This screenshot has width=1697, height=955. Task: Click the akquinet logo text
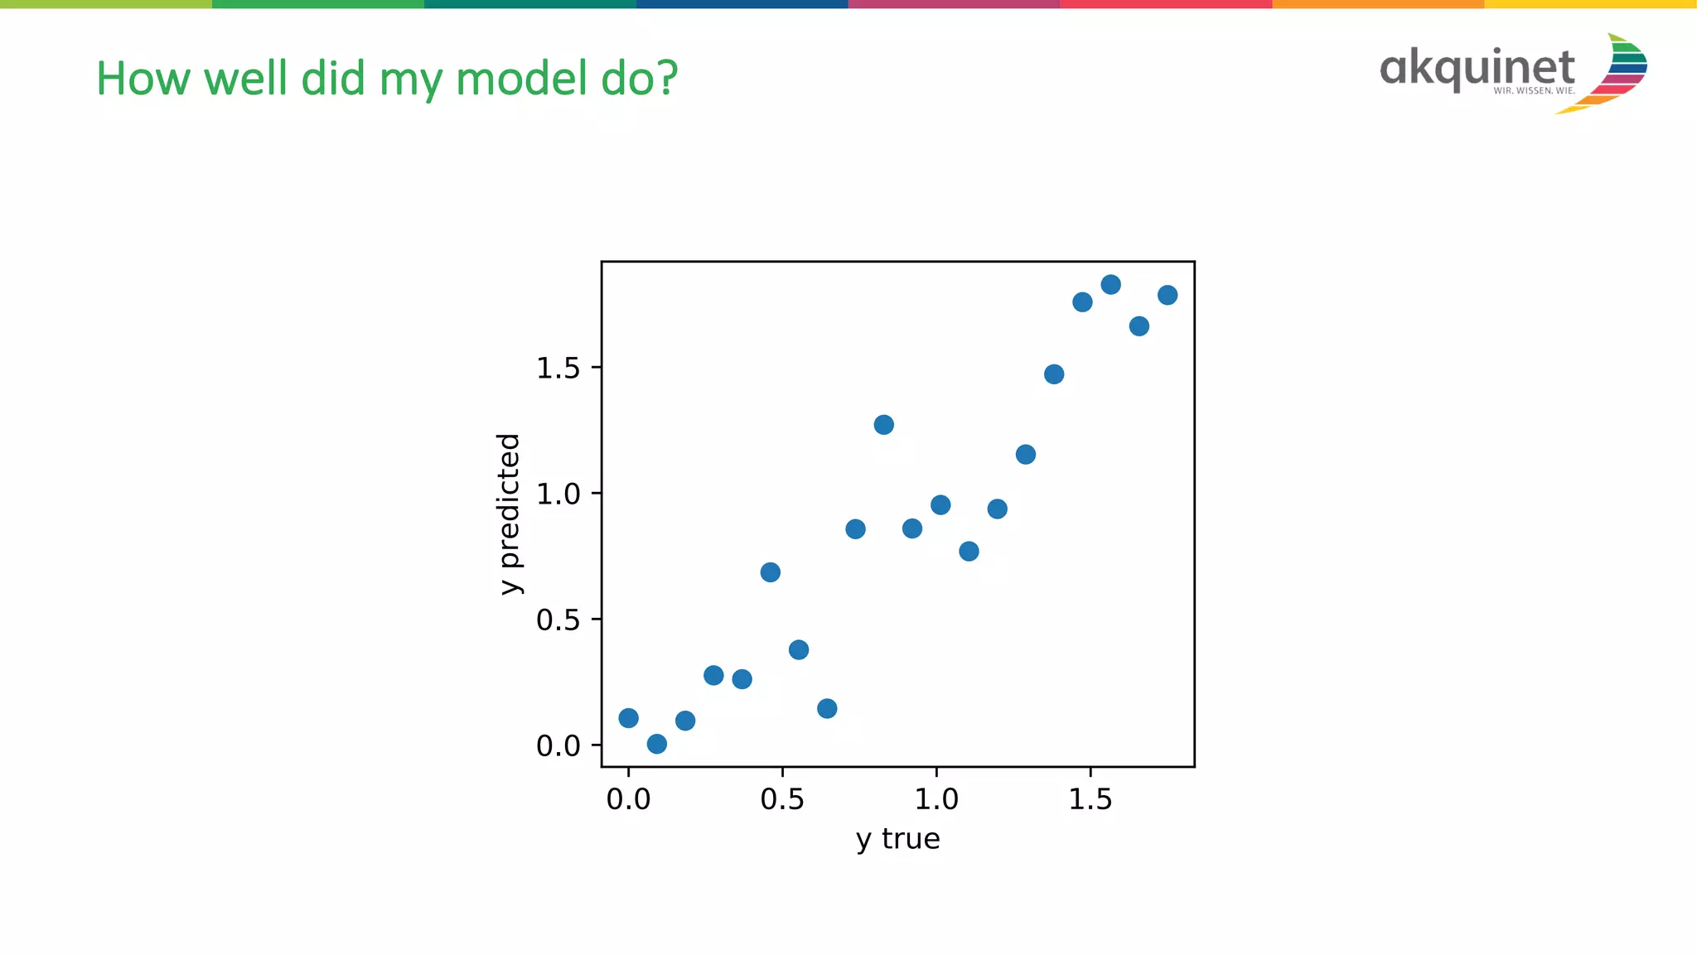[x=1477, y=68]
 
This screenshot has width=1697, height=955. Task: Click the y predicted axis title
[x=509, y=514]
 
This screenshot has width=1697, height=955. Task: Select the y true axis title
[x=897, y=839]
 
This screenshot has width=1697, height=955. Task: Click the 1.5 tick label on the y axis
[x=558, y=369]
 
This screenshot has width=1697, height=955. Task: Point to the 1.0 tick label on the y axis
[x=558, y=494]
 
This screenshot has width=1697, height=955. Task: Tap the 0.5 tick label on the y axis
[x=558, y=620]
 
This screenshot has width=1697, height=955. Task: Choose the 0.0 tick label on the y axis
[x=558, y=746]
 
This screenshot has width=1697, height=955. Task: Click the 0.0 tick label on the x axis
[x=628, y=799]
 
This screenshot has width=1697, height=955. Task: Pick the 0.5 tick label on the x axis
[x=782, y=799]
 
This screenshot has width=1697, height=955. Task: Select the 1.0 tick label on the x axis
[x=936, y=799]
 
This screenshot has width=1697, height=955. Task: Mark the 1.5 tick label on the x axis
[x=1090, y=799]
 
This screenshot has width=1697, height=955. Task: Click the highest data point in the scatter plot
[x=1110, y=285]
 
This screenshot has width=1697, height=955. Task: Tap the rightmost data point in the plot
[x=1168, y=295]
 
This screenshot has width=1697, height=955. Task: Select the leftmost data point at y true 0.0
[x=628, y=718]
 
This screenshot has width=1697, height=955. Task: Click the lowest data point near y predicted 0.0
[x=656, y=744]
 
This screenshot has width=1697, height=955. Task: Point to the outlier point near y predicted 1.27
[x=883, y=425]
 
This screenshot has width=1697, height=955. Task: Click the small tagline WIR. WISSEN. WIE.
[x=1534, y=91]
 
